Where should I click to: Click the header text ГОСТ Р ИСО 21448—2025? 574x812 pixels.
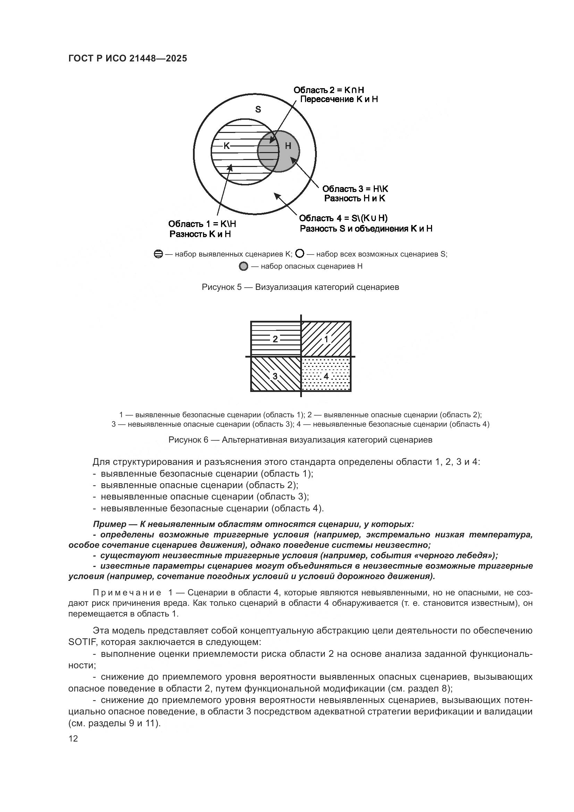pyautogui.click(x=128, y=59)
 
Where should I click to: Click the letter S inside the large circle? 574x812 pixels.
pyautogui.click(x=258, y=109)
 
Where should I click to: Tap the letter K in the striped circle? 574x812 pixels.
pyautogui.click(x=227, y=146)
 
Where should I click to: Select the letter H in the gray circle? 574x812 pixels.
pyautogui.click(x=288, y=146)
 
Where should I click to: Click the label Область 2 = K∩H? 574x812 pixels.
pyautogui.click(x=329, y=90)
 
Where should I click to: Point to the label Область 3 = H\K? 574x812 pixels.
pyautogui.click(x=355, y=189)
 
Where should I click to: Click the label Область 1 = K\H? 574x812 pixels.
pyautogui.click(x=202, y=224)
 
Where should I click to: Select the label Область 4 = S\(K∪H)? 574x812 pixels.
pyautogui.click(x=343, y=218)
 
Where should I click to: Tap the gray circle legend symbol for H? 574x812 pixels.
pyautogui.click(x=244, y=266)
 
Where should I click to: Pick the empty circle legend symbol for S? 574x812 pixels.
pyautogui.click(x=299, y=253)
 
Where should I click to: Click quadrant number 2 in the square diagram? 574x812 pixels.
pyautogui.click(x=275, y=339)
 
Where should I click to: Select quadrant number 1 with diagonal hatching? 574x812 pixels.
pyautogui.click(x=326, y=339)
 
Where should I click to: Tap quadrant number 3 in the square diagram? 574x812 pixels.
pyautogui.click(x=275, y=376)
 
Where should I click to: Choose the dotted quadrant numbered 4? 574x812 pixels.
pyautogui.click(x=326, y=376)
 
